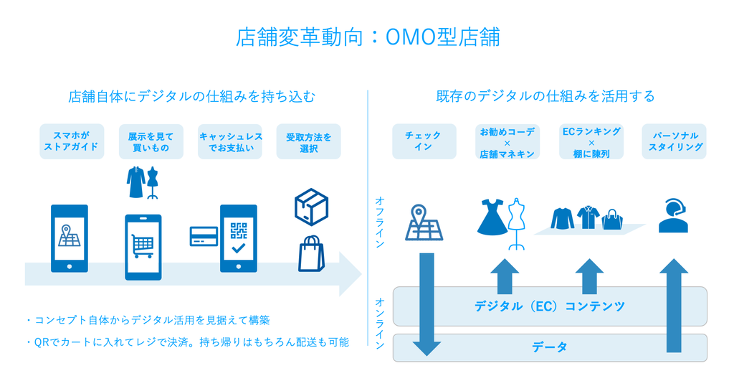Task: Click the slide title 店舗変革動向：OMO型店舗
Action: click(368, 37)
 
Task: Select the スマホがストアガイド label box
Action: click(72, 141)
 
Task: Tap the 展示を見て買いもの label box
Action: click(151, 141)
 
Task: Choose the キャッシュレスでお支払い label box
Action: click(230, 141)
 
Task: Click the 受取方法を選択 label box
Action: click(308, 141)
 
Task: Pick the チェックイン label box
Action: click(424, 141)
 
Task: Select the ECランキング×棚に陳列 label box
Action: click(591, 141)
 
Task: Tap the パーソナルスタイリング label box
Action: click(674, 141)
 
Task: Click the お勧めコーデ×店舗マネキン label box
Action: click(507, 141)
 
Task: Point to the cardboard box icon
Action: click(311, 207)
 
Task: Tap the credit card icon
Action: click(204, 236)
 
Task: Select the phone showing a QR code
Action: click(238, 238)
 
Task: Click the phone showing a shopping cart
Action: click(143, 247)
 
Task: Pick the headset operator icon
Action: click(674, 215)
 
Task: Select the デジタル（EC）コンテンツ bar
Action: click(550, 306)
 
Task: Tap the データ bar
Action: click(550, 347)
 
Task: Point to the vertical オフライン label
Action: click(380, 222)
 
